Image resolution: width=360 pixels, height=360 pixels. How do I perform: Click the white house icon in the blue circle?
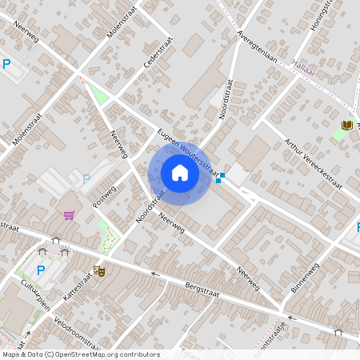point(180,173)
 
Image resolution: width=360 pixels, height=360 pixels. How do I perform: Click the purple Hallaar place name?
point(305,70)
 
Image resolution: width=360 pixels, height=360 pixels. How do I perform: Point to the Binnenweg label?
point(309,274)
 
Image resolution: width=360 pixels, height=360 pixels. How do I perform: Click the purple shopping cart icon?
point(70,214)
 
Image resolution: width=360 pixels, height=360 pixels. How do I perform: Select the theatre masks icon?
point(100,271)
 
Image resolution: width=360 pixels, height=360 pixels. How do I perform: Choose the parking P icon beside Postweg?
point(86,178)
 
